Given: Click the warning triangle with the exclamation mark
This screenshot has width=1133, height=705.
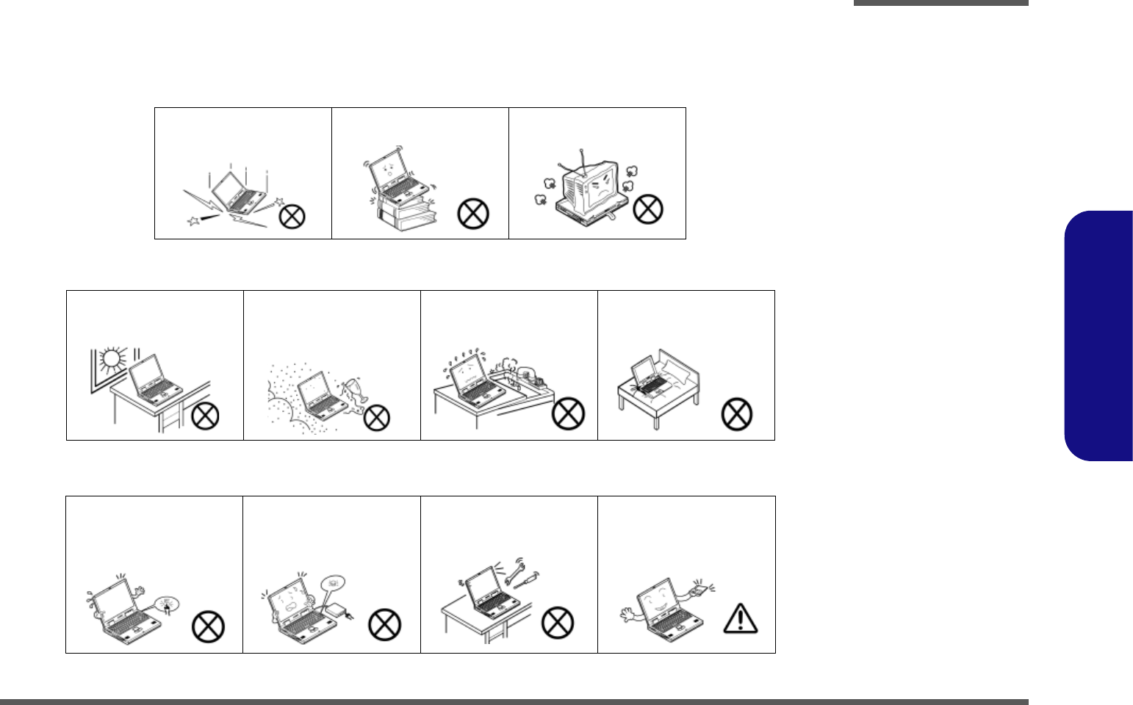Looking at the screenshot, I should (x=741, y=618).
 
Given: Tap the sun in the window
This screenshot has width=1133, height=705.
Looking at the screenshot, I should (x=111, y=359).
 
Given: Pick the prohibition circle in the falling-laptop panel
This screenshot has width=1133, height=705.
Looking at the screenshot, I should (x=292, y=216).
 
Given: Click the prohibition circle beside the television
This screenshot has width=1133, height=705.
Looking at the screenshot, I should (x=647, y=209).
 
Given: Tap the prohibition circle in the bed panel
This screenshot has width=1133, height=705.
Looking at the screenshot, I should (x=737, y=414).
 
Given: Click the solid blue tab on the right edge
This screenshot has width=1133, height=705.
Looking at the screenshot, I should (x=1098, y=336).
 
